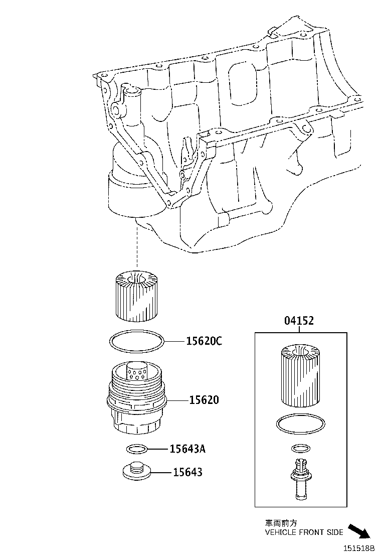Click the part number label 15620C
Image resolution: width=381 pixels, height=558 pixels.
204,342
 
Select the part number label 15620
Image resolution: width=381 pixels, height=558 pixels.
204,400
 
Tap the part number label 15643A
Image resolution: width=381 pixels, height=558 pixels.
187,449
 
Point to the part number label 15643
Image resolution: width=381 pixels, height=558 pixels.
187,472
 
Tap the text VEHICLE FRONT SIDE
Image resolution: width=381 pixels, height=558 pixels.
304,532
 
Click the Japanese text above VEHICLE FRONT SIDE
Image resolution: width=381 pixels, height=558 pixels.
277,523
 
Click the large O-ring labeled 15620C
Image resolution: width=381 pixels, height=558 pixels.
136,342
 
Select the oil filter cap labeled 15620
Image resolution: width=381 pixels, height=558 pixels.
137,401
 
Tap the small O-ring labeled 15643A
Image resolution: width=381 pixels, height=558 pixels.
136,448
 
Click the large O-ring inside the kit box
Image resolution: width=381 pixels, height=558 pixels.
299,424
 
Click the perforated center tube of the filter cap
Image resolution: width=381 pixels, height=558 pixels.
136,372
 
